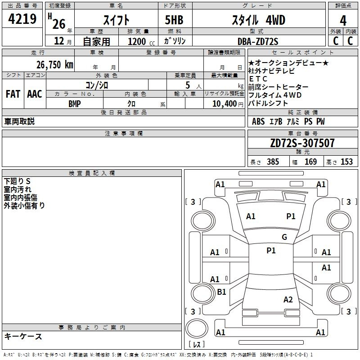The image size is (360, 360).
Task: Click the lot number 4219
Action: [x=22, y=19]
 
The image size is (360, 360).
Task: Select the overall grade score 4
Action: [x=343, y=21]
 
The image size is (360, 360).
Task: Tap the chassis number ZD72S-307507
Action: [x=302, y=143]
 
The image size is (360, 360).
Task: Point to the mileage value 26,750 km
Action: [x=55, y=65]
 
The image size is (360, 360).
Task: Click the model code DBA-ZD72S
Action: [x=258, y=41]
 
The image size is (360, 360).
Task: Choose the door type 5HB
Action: [x=174, y=20]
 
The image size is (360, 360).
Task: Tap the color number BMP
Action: [x=75, y=104]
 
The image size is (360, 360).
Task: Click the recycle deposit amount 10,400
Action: [x=224, y=104]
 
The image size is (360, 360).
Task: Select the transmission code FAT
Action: [x=13, y=94]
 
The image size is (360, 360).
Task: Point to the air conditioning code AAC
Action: [x=35, y=94]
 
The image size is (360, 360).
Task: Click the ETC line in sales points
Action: [x=258, y=79]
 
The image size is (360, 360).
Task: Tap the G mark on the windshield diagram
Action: [x=284, y=237]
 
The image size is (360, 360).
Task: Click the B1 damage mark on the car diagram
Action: [x=221, y=292]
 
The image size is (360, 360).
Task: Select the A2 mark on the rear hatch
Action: [x=288, y=300]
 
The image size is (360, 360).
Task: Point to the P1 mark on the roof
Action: [x=271, y=251]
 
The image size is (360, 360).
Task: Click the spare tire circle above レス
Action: [x=197, y=328]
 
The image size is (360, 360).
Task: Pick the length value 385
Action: [x=273, y=162]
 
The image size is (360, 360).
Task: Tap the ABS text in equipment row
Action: [x=258, y=121]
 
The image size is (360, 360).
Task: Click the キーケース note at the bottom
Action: [x=23, y=337]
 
